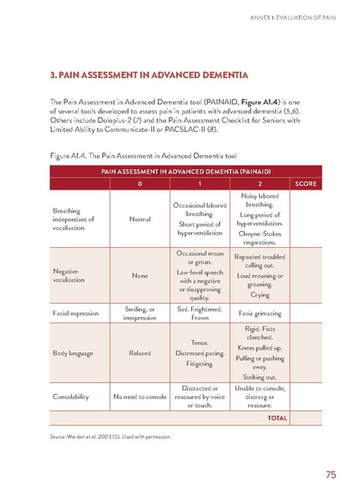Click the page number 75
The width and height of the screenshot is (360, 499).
[x=331, y=475]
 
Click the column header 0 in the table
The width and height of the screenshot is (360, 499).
[x=139, y=183]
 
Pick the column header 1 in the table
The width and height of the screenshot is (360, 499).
[x=199, y=183]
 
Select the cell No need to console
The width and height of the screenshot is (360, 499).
[x=139, y=396]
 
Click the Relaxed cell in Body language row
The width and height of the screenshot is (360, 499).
[x=139, y=353]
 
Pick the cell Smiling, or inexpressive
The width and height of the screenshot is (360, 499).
[x=139, y=314]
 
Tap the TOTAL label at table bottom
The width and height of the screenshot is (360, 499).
[x=277, y=418]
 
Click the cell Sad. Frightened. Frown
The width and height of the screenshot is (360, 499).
[x=199, y=314]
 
